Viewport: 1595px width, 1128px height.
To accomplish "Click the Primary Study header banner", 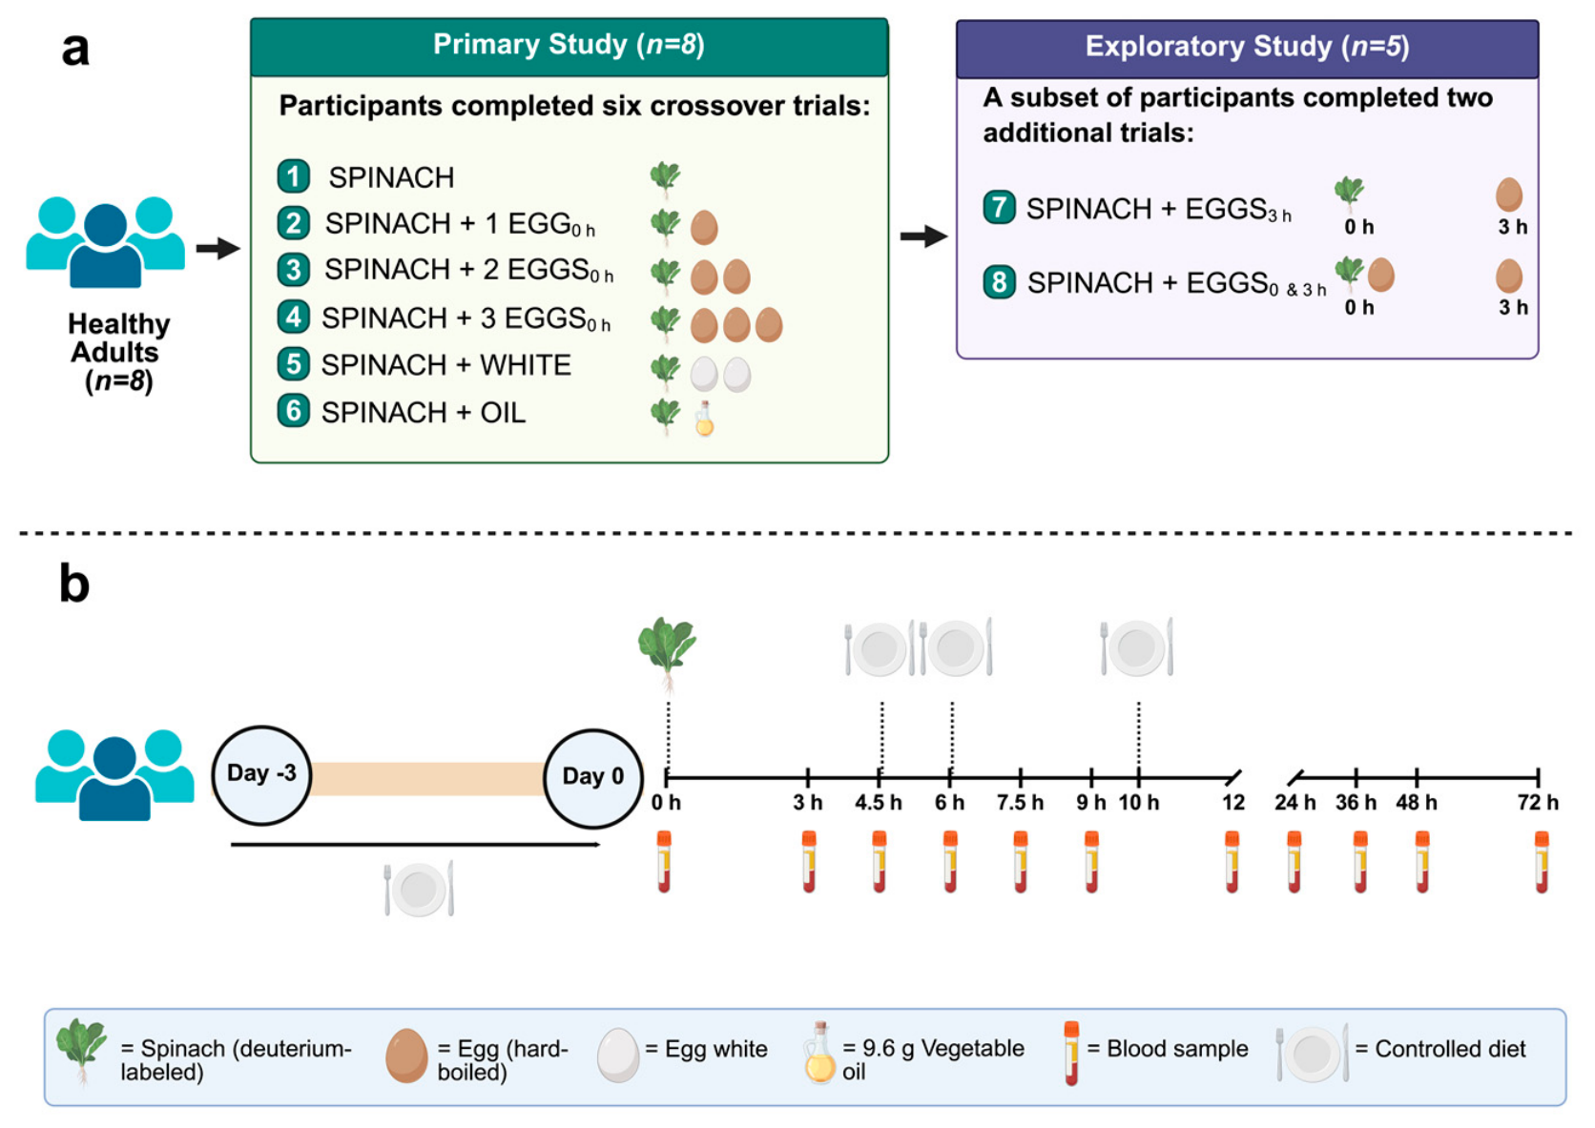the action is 569,47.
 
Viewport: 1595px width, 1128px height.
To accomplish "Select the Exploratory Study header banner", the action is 1247,49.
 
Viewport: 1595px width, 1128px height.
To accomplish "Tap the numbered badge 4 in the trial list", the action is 294,317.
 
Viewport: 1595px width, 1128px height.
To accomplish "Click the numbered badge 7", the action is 999,207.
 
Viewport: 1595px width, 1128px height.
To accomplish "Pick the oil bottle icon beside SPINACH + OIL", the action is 705,418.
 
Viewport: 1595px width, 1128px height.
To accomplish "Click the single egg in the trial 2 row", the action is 704,227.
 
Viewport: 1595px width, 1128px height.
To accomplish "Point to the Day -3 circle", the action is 262,775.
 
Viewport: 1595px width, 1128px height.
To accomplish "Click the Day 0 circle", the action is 593,778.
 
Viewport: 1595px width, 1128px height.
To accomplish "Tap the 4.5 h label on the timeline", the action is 879,803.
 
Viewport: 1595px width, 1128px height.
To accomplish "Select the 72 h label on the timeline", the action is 1538,803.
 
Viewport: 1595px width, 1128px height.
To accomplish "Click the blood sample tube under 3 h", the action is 809,862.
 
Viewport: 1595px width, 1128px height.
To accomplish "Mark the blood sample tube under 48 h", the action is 1422,862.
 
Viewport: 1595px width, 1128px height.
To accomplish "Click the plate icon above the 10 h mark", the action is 1137,647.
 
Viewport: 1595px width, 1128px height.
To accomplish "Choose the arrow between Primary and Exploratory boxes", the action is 923,236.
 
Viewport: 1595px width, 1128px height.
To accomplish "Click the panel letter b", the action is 74,584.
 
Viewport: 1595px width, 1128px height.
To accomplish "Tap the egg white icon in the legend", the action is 617,1056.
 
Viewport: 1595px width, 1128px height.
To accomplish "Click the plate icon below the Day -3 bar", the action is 420,889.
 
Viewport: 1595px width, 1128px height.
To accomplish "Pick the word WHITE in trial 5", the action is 526,365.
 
